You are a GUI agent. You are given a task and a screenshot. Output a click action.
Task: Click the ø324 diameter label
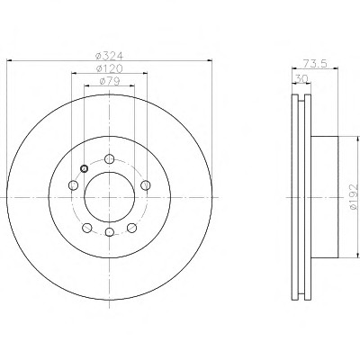click(x=109, y=56)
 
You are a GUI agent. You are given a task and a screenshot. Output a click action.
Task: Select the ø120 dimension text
click(x=110, y=68)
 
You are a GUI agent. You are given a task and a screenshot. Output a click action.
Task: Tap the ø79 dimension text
click(x=110, y=81)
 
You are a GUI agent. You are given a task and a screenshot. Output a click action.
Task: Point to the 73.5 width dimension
click(x=315, y=64)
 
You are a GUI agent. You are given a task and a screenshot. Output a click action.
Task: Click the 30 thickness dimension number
click(x=301, y=78)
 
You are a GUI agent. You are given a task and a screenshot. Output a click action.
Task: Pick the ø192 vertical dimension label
click(x=354, y=197)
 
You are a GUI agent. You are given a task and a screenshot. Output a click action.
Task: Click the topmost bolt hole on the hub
click(x=110, y=158)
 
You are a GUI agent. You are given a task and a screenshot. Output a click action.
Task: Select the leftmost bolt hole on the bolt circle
click(x=73, y=185)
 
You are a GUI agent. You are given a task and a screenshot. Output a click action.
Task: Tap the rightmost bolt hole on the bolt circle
click(x=146, y=185)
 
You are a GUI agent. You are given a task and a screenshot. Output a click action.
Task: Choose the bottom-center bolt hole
click(x=110, y=232)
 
